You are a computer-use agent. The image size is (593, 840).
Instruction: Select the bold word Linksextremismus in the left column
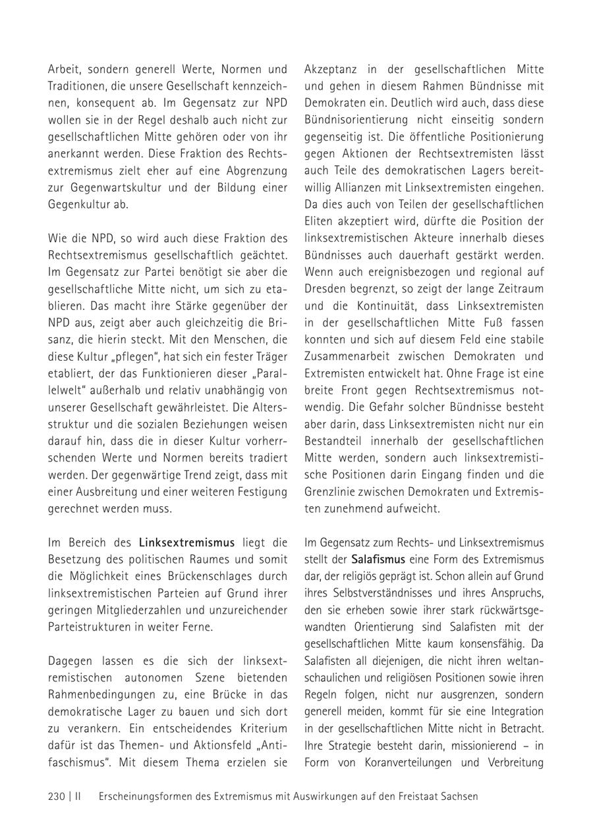point(186,542)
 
